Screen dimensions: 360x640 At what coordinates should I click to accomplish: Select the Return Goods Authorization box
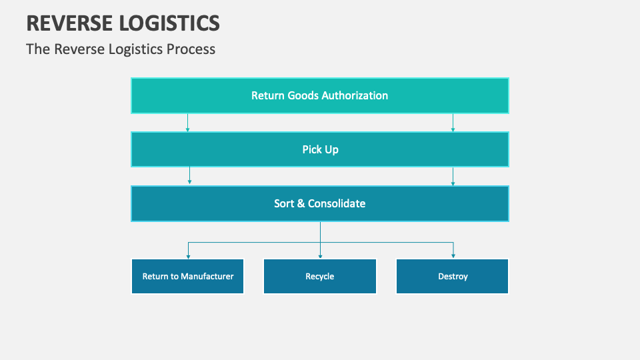coord(320,95)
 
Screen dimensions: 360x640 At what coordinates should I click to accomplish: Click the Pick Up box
coord(320,149)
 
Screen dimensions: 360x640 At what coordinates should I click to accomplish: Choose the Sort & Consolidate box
coord(320,203)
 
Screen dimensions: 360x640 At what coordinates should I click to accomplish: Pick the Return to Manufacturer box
coord(187,276)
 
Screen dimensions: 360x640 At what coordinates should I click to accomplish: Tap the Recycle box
coord(320,276)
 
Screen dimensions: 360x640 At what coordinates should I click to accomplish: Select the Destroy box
coord(453,276)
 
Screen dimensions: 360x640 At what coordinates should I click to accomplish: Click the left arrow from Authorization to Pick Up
coord(187,123)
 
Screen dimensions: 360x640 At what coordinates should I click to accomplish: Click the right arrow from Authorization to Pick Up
coord(453,123)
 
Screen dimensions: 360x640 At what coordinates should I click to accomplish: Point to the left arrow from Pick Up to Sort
coord(190,176)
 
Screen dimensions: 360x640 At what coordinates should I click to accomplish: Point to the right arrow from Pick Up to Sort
coord(453,176)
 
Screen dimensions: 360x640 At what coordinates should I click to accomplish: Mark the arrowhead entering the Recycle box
coord(320,255)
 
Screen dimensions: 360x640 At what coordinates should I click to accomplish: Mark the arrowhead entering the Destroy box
coord(453,255)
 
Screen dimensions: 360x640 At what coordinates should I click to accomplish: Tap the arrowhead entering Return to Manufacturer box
coord(188,255)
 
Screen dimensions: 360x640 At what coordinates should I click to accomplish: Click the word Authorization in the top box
coord(355,95)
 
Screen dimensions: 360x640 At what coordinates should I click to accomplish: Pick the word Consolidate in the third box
coord(336,203)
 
